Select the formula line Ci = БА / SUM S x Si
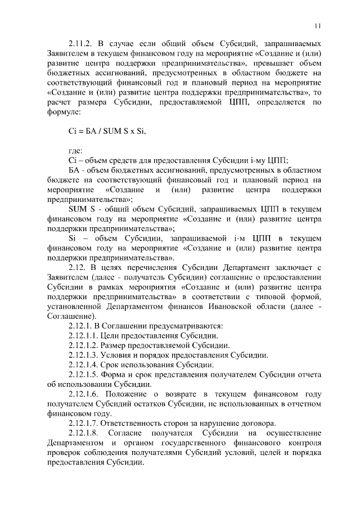coord(106,131)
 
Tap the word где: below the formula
coord(75,150)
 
